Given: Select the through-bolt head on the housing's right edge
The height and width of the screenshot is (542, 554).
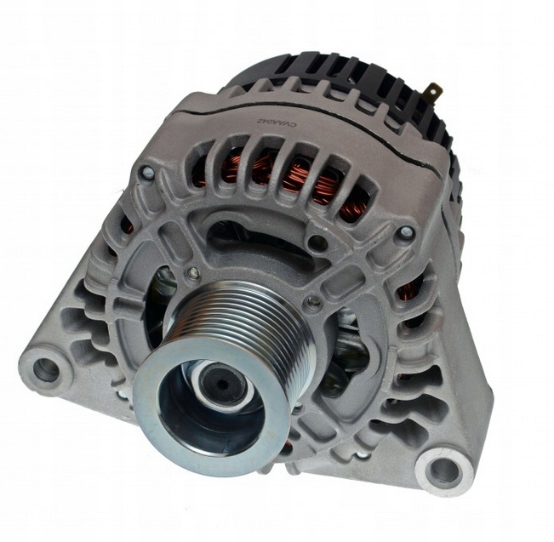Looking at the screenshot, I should [408, 231].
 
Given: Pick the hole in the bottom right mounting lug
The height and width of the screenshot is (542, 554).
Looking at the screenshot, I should [443, 467].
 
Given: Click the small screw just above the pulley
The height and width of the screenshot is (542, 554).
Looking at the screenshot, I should [195, 272].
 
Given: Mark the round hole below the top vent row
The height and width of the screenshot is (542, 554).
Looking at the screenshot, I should [317, 243].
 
